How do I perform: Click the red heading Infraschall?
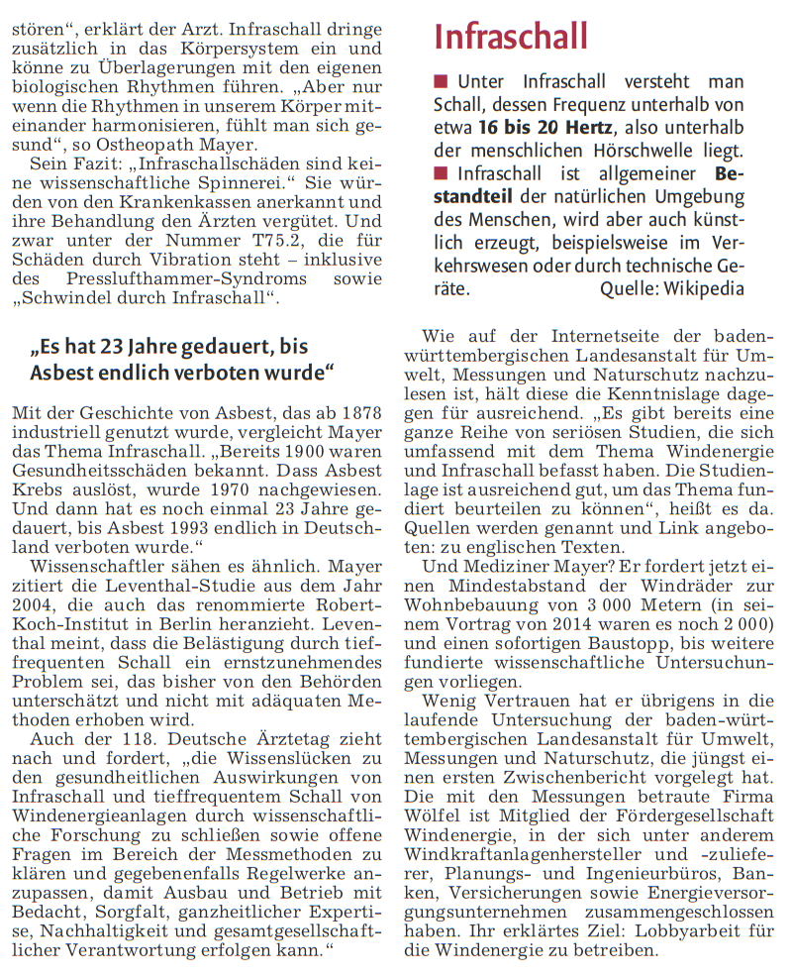tap(511, 38)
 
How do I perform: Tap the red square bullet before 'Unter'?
tap(441, 81)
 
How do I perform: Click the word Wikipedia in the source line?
tap(702, 289)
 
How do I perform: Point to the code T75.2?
tap(266, 240)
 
